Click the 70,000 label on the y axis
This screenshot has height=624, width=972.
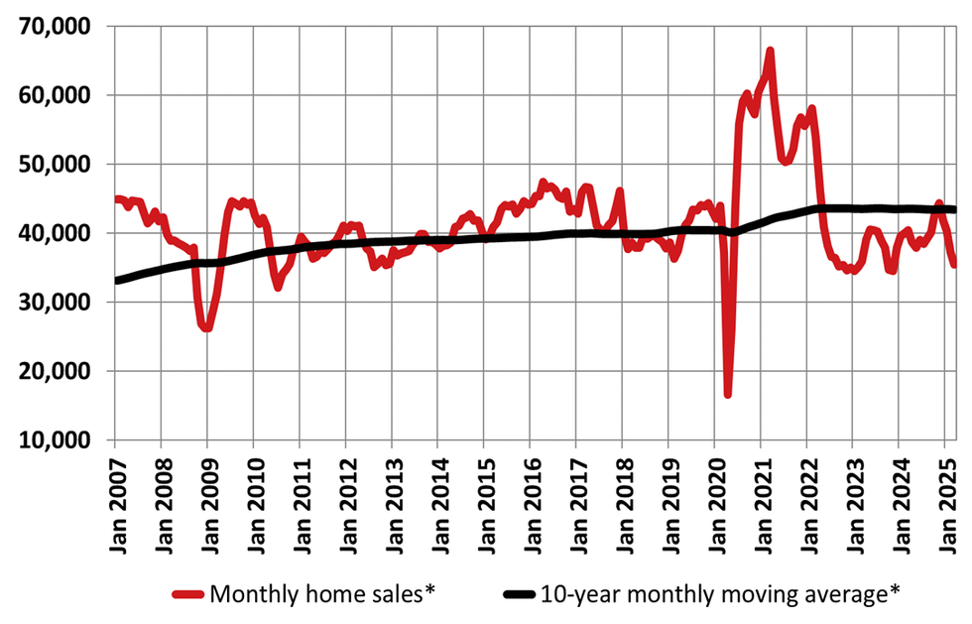coord(55,27)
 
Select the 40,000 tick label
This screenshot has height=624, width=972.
coord(55,233)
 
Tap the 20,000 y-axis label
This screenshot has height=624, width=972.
coord(55,371)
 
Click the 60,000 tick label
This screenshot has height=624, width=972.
coord(55,96)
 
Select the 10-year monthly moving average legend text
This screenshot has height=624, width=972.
coord(720,595)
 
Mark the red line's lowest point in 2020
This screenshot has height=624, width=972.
coord(728,395)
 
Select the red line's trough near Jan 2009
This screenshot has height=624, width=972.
coord(206,328)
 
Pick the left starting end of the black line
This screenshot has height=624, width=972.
coord(116,281)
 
